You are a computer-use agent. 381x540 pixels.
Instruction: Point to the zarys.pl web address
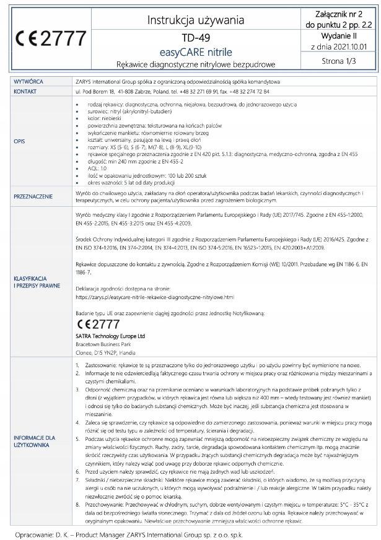coord(155,297)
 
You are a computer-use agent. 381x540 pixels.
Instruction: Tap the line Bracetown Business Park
coord(103,343)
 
